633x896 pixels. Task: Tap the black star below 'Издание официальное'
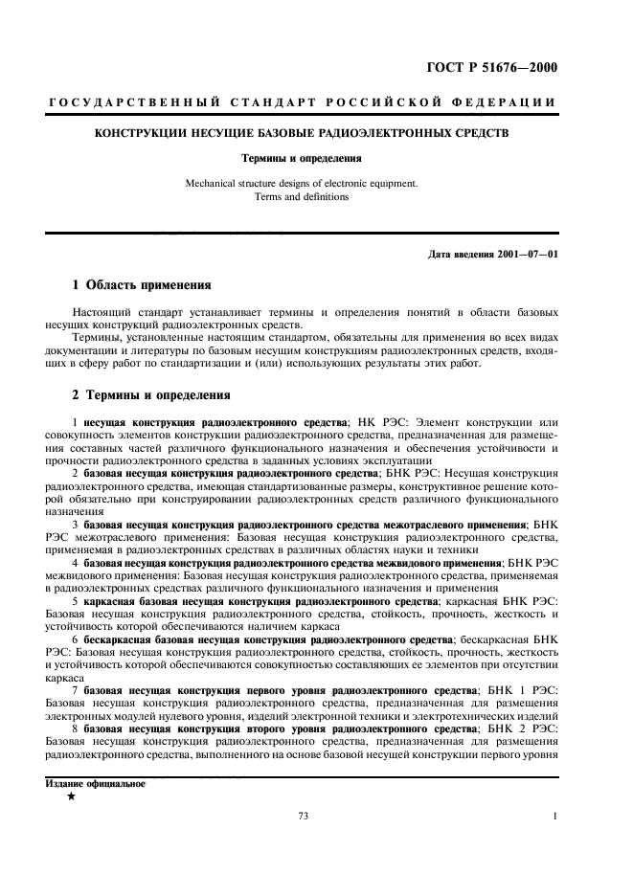(72, 796)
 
